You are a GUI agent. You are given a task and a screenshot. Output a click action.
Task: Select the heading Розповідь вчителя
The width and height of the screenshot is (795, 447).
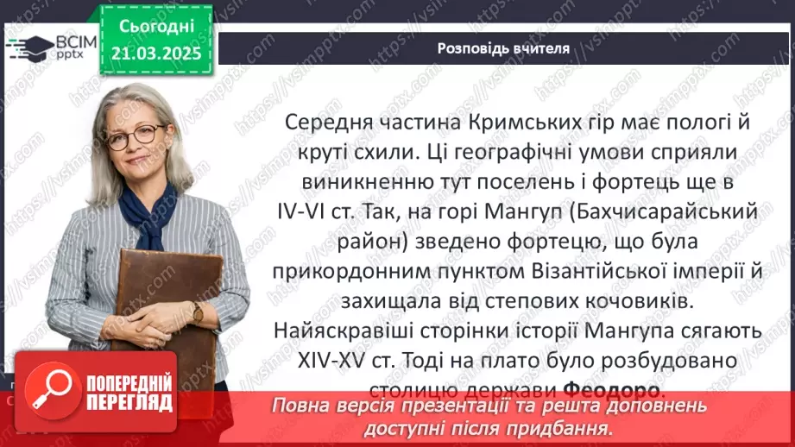coord(503,48)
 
